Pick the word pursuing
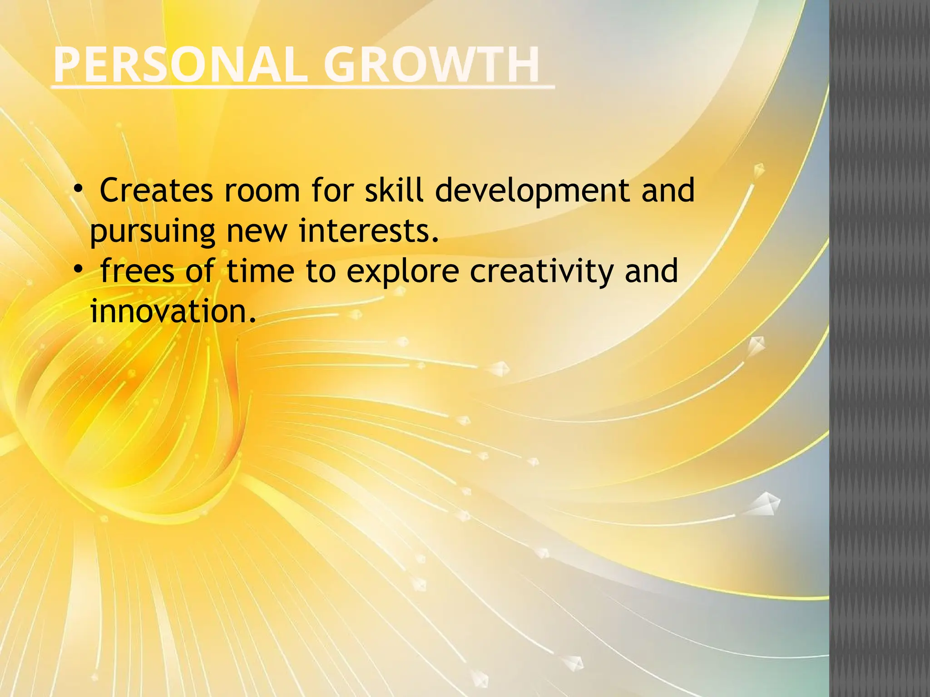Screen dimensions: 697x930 (152, 231)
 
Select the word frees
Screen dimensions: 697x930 (137, 271)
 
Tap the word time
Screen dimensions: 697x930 (260, 271)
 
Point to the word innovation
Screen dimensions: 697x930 (173, 311)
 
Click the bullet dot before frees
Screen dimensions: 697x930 (78, 270)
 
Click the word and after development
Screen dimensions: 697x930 (668, 190)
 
